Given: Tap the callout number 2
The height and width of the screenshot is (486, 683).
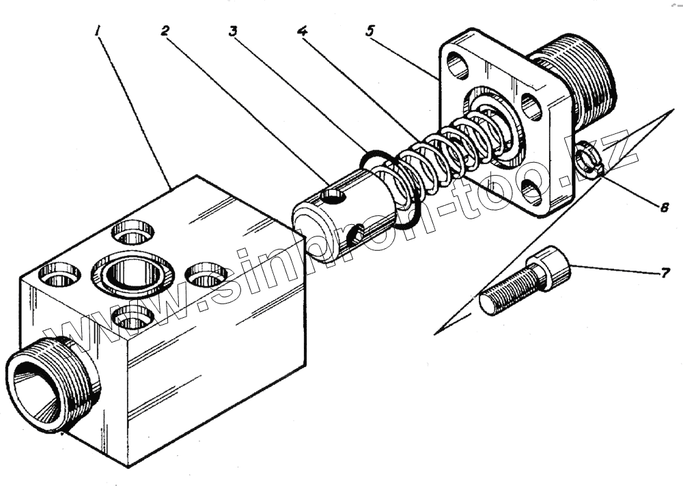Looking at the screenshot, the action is (x=166, y=31).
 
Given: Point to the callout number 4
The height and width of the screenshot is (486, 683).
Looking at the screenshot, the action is (x=302, y=31).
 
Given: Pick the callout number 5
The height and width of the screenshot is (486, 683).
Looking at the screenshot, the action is (x=370, y=31).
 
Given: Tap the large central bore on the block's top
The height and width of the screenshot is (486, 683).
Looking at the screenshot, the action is (x=133, y=275).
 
